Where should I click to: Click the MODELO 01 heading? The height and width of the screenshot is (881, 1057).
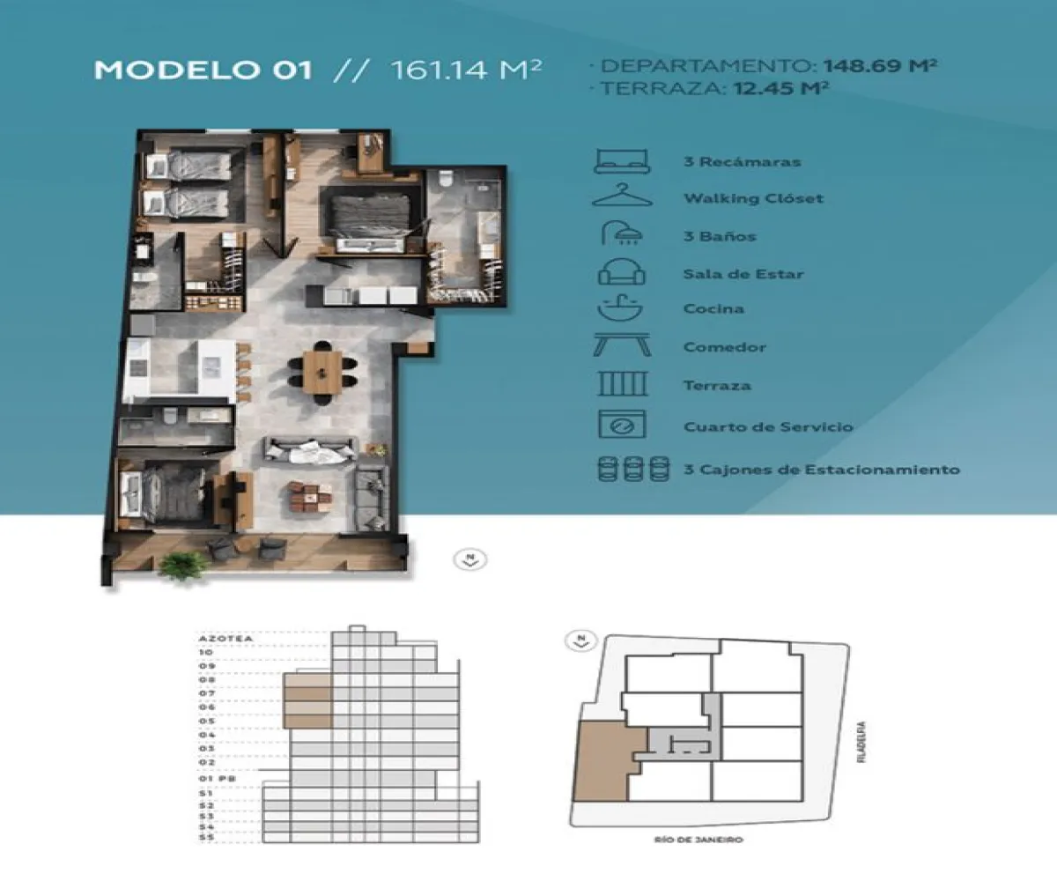(203, 70)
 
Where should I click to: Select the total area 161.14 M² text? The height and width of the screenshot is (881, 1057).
(464, 70)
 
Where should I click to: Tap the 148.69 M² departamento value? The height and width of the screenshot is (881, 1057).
(879, 66)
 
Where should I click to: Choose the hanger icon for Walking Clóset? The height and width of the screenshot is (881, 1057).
(622, 196)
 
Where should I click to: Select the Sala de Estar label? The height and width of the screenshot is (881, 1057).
(743, 274)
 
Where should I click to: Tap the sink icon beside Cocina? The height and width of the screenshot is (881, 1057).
(622, 309)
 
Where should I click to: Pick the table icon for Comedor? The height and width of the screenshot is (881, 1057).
(622, 345)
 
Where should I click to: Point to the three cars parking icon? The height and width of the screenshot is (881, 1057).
(629, 469)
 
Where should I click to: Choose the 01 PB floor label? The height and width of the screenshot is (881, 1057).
(213, 778)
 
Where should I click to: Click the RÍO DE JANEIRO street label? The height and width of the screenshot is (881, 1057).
(711, 840)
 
